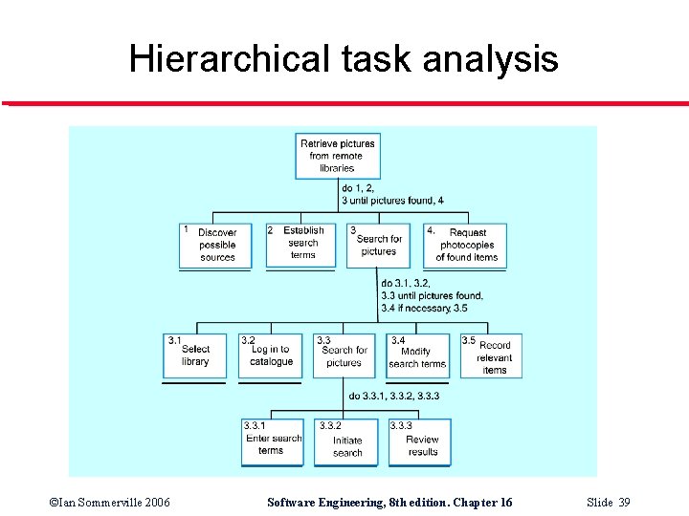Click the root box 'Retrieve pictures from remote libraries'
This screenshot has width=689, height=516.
coord(337,156)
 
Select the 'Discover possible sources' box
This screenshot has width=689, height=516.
coord(216,245)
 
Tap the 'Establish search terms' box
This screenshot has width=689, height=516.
coord(301,244)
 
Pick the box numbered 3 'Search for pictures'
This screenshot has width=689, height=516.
coord(378,246)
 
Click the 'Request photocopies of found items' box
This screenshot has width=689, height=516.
coord(466,245)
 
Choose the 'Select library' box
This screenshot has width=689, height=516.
coord(195,355)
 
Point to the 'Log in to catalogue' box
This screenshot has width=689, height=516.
coord(271,355)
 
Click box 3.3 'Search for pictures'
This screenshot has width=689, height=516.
coord(344,355)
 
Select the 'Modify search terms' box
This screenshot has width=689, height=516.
coord(417,355)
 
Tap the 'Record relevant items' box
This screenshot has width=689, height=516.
coord(492,355)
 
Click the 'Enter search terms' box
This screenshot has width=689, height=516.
coord(272,441)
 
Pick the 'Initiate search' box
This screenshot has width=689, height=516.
coord(346,442)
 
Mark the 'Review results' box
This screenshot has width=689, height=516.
coord(419,441)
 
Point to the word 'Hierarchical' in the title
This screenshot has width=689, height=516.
coord(229,60)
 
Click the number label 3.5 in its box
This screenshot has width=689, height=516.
coord(469,341)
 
